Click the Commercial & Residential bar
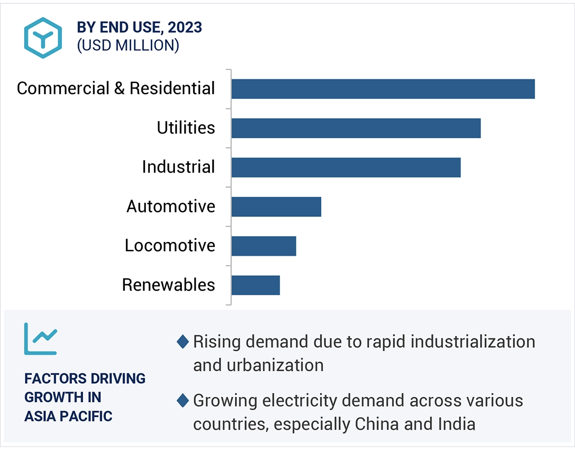click(383, 89)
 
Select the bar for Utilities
click(356, 128)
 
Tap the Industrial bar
click(346, 167)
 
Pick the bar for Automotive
click(276, 207)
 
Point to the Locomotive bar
click(263, 246)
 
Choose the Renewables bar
click(256, 285)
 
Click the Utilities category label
click(186, 128)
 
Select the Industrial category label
click(178, 167)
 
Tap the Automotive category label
click(171, 207)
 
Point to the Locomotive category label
click(170, 245)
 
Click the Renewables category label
click(169, 285)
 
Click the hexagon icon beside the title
click(43, 38)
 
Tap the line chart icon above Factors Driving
click(41, 338)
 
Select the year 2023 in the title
click(185, 28)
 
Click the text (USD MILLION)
click(128, 45)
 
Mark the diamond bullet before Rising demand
click(183, 341)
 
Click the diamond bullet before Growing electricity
click(183, 401)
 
